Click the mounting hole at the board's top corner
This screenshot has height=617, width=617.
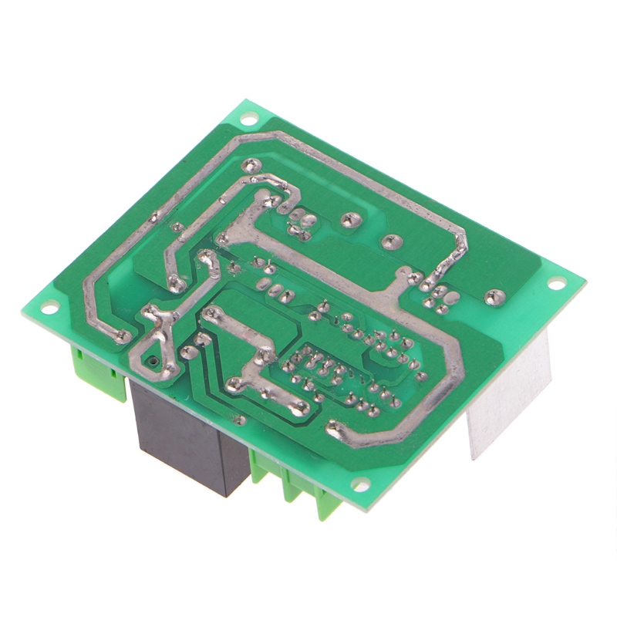click(249, 120)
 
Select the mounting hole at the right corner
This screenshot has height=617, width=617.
click(555, 283)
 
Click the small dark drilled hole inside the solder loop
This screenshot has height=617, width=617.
click(154, 360)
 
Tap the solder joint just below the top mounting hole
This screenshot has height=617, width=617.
click(252, 164)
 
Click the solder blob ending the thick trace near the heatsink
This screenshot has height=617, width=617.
click(335, 428)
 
